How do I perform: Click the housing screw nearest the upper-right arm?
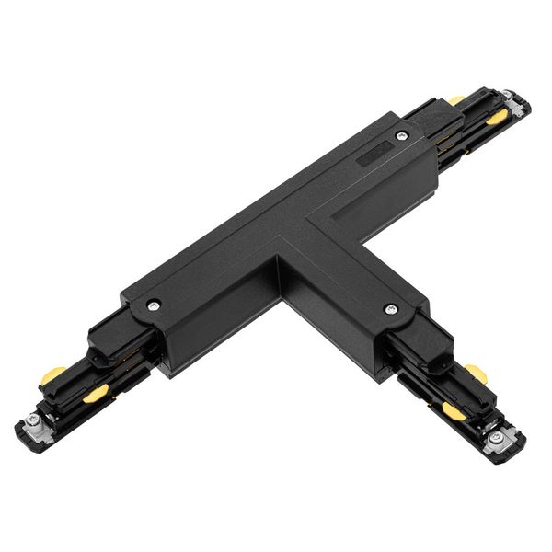pos(401,136)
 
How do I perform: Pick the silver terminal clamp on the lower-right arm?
pos(498,437)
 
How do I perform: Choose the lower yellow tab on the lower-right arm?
pos(453,410)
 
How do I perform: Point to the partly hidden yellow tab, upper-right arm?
pos(457,99)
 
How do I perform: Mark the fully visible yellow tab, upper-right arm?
pos(497,118)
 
